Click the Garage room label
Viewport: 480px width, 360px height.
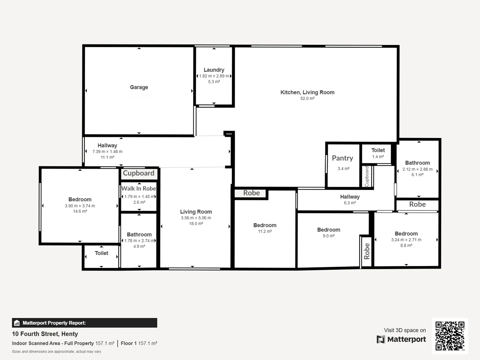click(x=139, y=87)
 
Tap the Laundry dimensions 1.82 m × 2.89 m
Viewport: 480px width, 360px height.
click(x=214, y=76)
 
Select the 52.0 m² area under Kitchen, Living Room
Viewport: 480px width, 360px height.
click(x=307, y=99)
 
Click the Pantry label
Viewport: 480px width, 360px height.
click(x=342, y=158)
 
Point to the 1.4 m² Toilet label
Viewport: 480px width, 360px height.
click(x=378, y=150)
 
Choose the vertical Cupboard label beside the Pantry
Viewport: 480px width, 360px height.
click(x=367, y=176)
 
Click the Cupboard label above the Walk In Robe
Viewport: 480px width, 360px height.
click(x=139, y=173)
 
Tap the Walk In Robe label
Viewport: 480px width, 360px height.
click(x=139, y=189)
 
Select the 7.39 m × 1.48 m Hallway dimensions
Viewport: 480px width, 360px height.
click(x=107, y=152)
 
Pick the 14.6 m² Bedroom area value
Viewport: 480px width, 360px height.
click(x=80, y=211)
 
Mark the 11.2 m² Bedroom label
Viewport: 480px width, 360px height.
click(x=265, y=226)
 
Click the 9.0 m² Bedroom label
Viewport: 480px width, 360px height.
click(x=329, y=230)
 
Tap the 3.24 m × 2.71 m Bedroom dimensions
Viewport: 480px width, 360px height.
click(x=406, y=240)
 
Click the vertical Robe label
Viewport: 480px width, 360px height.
click(x=367, y=251)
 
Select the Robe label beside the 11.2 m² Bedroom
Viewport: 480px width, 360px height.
click(x=251, y=193)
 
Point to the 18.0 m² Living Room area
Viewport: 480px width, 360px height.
click(x=196, y=224)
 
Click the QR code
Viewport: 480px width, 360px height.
click(x=450, y=336)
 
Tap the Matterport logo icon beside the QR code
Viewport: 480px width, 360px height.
click(x=381, y=339)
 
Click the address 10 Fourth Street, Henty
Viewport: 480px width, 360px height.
click(x=45, y=334)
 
